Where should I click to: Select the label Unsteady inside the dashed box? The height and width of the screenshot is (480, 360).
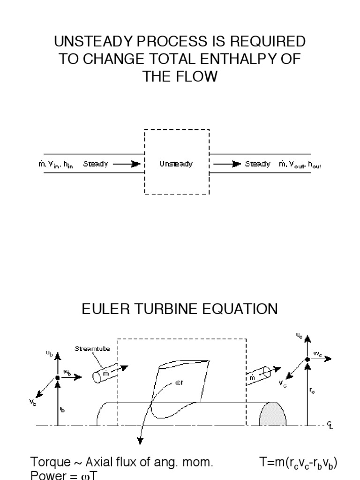(176, 165)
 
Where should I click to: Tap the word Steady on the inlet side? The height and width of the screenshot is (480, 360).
(96, 165)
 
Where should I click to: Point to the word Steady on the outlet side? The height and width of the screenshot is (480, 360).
(258, 165)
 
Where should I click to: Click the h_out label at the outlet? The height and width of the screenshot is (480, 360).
(314, 165)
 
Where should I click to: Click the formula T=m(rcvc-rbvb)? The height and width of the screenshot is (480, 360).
(298, 464)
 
